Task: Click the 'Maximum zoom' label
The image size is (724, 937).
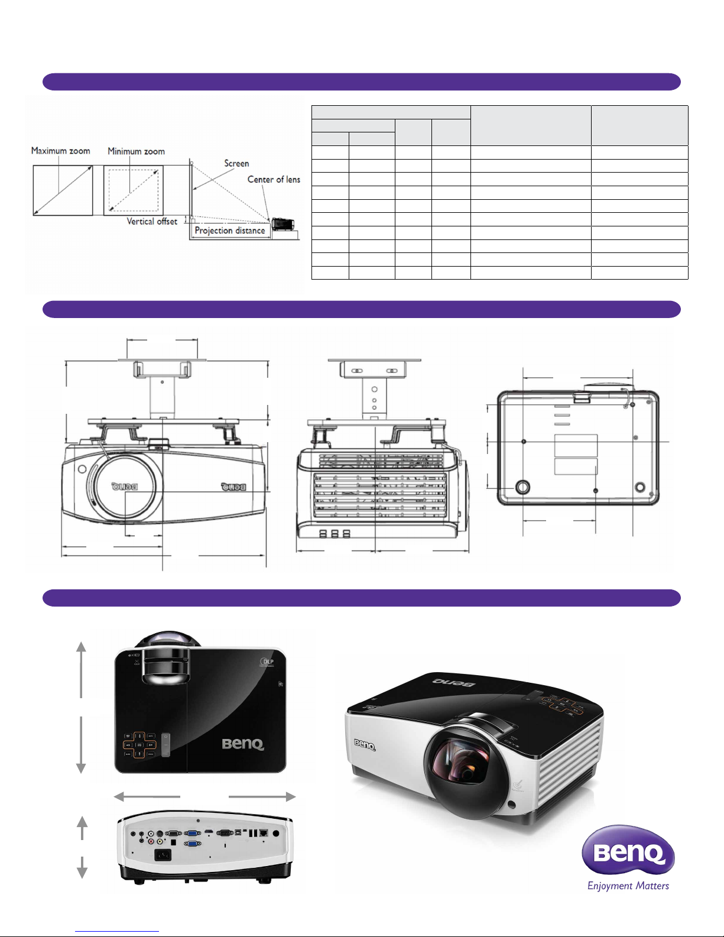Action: coord(60,151)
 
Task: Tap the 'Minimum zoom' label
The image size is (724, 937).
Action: coord(136,151)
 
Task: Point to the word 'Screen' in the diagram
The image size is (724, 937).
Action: coord(236,163)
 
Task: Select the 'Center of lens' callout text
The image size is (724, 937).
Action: coord(274,179)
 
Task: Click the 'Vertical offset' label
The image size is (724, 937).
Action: coord(152,221)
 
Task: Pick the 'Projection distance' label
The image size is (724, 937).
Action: coord(230,231)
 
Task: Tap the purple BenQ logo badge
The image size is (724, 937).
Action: coord(628,851)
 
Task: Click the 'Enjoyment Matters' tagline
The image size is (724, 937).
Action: coord(628,886)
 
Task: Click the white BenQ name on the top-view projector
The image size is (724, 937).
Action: coord(243,744)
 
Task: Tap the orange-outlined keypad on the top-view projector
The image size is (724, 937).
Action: coord(138,745)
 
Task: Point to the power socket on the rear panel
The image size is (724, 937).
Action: coord(163,855)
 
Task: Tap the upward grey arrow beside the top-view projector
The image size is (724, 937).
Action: coord(82,668)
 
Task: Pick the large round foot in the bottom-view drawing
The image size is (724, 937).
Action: coord(522,487)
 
